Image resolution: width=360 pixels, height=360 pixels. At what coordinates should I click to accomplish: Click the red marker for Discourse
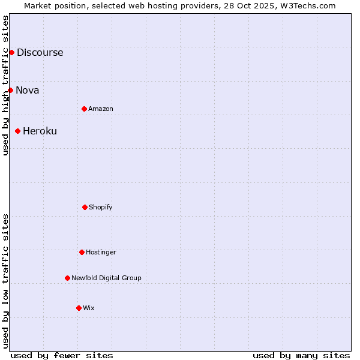click(x=11, y=52)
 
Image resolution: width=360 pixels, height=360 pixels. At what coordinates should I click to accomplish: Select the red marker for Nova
click(x=10, y=90)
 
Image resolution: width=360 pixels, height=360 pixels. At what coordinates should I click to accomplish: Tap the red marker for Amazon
click(x=84, y=109)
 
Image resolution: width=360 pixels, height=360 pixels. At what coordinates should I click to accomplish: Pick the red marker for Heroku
click(x=17, y=131)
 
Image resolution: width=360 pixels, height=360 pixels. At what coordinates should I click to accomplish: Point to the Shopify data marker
click(x=85, y=207)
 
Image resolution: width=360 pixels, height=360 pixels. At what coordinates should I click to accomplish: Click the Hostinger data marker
click(x=82, y=252)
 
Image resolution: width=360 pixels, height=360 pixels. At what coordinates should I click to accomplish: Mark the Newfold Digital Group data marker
click(x=67, y=278)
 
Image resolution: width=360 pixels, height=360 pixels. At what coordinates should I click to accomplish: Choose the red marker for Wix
click(x=79, y=308)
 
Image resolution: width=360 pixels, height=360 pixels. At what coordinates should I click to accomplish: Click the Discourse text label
click(x=40, y=52)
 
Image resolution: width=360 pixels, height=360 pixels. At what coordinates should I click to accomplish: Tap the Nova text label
click(x=28, y=90)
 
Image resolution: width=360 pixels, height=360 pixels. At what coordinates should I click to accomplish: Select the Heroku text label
click(x=40, y=131)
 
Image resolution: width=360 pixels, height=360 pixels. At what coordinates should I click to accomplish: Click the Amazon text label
click(x=101, y=109)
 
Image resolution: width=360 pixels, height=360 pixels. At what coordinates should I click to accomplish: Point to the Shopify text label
click(x=101, y=207)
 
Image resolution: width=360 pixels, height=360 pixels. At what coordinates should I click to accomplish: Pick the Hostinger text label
click(x=101, y=252)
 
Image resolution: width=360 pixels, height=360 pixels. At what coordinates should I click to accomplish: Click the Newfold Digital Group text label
click(x=106, y=278)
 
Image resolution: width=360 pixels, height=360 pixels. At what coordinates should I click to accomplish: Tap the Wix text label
click(x=89, y=308)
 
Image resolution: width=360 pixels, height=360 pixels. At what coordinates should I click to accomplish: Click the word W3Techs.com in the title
click(x=307, y=5)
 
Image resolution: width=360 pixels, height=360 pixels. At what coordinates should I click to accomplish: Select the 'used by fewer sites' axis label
click(x=62, y=355)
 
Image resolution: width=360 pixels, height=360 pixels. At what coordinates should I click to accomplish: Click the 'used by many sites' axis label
click(x=301, y=355)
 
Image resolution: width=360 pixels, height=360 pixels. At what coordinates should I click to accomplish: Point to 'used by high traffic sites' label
click(x=5, y=85)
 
